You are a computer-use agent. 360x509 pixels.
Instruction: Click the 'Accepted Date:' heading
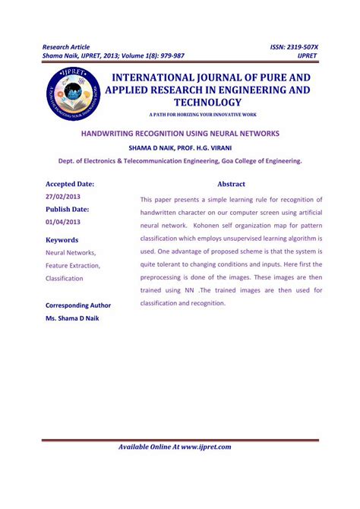[70, 184]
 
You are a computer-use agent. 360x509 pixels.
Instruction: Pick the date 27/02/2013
[63, 196]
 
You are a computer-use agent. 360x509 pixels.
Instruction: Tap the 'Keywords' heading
[62, 239]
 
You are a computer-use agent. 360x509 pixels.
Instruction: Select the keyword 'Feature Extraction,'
[73, 265]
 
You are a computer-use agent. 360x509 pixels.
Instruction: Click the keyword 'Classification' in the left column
[65, 279]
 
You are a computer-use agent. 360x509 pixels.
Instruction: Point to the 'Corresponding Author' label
[78, 305]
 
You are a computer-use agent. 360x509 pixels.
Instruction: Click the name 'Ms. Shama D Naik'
[72, 318]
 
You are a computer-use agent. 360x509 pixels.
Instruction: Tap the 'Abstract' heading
[231, 184]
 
